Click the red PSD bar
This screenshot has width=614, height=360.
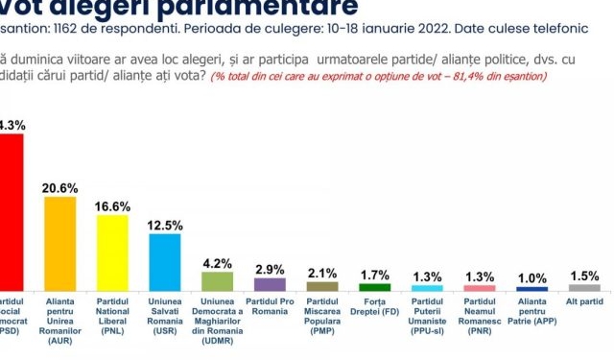[11, 212]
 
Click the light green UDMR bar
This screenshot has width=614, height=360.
[216, 281]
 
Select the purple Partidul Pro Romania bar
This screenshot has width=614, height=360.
[269, 284]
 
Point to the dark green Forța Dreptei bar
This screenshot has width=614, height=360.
[374, 287]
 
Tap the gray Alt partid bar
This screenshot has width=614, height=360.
[584, 287]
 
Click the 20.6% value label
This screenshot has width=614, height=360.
[59, 187]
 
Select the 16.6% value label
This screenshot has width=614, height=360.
[112, 205]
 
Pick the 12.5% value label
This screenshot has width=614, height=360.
[164, 225]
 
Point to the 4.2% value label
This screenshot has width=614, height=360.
[217, 263]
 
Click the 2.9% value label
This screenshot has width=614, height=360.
[269, 269]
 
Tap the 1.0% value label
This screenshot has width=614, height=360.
[531, 277]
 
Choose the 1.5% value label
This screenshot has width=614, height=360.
[584, 276]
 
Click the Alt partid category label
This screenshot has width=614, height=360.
[584, 301]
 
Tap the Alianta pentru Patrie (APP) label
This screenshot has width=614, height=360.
[531, 312]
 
